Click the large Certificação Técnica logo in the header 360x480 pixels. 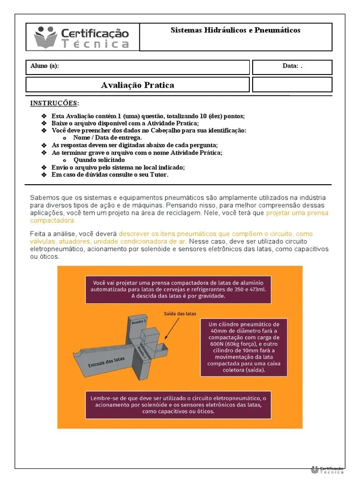(x=82, y=37)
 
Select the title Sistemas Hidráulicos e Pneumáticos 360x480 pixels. (x=235, y=30)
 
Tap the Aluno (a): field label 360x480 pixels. (x=45, y=66)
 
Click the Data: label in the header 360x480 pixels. (x=291, y=66)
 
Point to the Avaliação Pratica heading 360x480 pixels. (x=137, y=85)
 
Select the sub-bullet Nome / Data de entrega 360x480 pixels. (x=107, y=138)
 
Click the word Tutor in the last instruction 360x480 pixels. (x=158, y=174)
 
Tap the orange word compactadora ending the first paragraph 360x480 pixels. (x=53, y=220)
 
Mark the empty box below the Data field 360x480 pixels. (x=292, y=85)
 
